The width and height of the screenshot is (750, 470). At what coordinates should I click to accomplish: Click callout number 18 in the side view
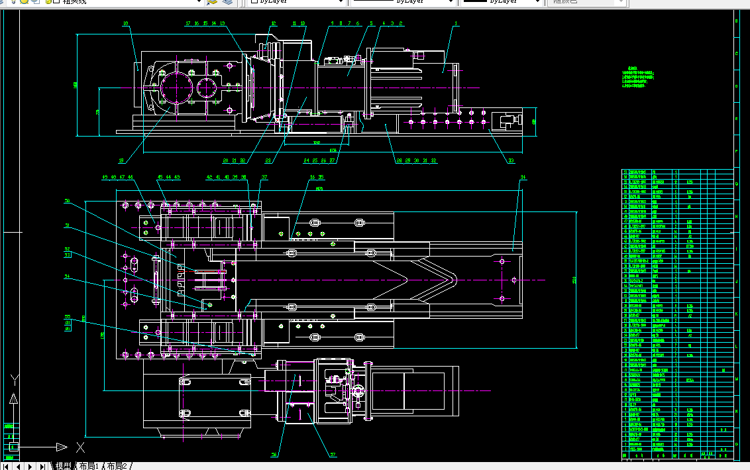(125, 24)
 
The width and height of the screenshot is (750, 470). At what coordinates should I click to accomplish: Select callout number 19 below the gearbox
(121, 160)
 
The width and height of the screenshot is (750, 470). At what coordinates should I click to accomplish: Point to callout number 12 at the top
(273, 24)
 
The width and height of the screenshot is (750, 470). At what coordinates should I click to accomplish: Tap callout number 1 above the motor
(456, 24)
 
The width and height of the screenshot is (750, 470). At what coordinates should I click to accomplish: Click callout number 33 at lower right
(511, 160)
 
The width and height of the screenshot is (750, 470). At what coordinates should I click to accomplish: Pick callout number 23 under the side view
(268, 160)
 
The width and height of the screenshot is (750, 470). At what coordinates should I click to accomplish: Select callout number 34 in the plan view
(523, 178)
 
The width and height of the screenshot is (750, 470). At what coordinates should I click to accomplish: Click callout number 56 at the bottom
(274, 455)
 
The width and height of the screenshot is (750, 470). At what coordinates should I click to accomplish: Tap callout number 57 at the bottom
(333, 455)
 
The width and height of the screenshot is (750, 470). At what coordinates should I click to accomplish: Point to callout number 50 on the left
(67, 201)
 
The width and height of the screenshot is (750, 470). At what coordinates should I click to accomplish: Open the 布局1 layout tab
(88, 466)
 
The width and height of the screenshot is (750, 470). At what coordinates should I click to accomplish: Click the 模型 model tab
(63, 466)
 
